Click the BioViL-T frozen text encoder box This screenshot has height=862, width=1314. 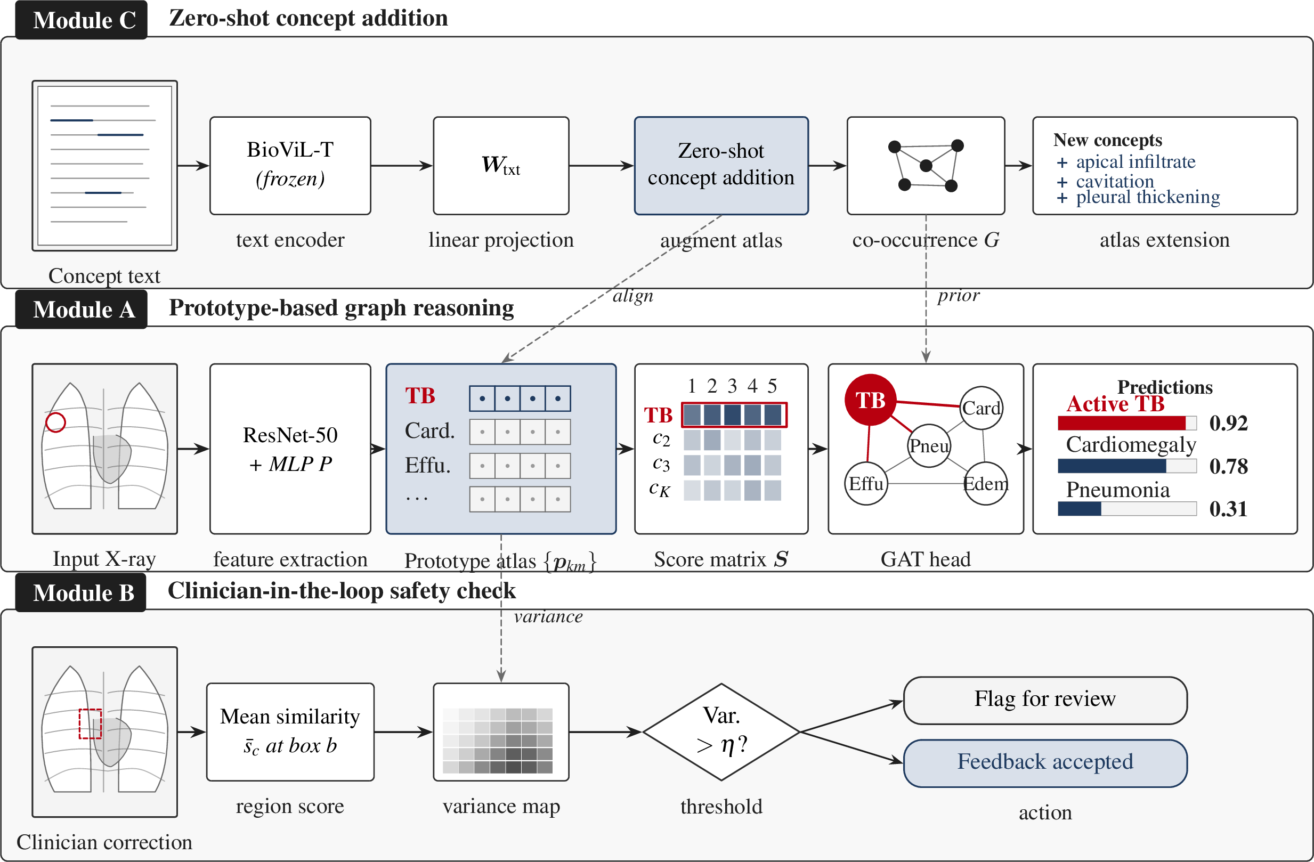(x=290, y=166)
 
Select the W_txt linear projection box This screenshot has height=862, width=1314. (x=501, y=166)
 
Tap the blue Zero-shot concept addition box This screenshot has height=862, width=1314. (x=721, y=166)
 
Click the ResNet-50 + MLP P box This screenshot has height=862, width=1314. (x=290, y=449)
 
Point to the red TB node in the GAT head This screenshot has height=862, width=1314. (x=870, y=400)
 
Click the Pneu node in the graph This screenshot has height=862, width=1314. (x=929, y=445)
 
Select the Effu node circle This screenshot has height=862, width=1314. (x=866, y=483)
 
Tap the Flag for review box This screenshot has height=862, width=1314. (x=1045, y=700)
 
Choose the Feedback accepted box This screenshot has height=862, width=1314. (x=1045, y=763)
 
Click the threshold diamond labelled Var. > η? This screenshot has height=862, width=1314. (x=721, y=732)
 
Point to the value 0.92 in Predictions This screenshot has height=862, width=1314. (x=1228, y=423)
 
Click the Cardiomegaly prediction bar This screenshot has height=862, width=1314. (x=1127, y=466)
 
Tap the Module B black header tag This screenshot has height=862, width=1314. (x=80, y=592)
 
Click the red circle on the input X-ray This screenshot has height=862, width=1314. (x=56, y=422)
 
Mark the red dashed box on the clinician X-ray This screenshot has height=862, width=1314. (x=90, y=723)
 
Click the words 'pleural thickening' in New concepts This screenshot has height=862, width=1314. (x=1148, y=197)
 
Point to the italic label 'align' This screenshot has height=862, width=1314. (x=632, y=296)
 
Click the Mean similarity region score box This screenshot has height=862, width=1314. (x=290, y=732)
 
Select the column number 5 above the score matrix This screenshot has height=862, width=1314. (x=772, y=385)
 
